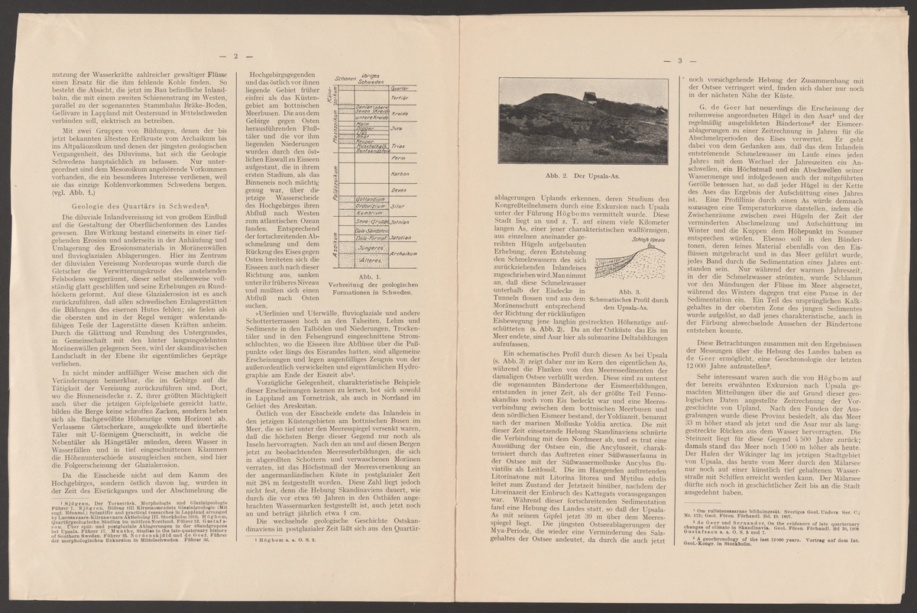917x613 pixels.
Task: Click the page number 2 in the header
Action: click(x=236, y=55)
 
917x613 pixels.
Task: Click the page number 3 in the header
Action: click(x=679, y=60)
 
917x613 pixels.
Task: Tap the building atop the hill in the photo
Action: click(x=589, y=95)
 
